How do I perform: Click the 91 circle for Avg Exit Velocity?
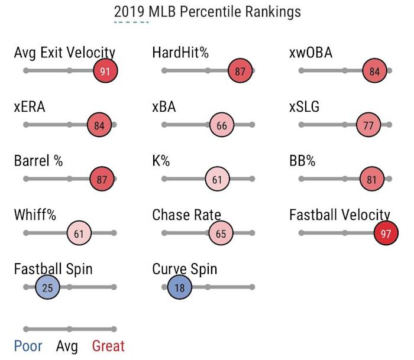[x=105, y=71]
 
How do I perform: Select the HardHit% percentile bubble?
[x=240, y=71]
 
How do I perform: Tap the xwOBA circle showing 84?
[x=374, y=71]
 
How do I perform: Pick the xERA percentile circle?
[x=99, y=125]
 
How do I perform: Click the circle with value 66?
[x=222, y=125]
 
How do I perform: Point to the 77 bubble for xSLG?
[x=368, y=125]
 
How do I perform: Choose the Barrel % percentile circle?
[x=102, y=180]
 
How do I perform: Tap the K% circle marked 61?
[x=217, y=180]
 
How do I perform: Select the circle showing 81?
[x=372, y=180]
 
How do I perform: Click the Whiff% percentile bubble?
[x=79, y=233]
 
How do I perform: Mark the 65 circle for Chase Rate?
[x=221, y=233]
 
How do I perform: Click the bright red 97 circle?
[x=386, y=233]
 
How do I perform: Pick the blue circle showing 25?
[x=47, y=288]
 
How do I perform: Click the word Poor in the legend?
[x=28, y=346]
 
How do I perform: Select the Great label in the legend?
[x=108, y=346]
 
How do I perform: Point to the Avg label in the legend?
[x=67, y=346]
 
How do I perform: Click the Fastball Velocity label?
[x=339, y=215]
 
